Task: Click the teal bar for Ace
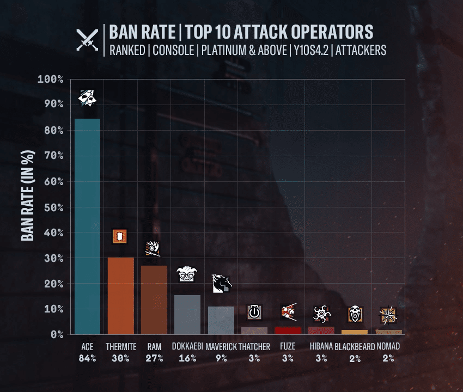click(87, 226)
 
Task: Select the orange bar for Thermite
click(121, 296)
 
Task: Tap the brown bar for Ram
click(154, 300)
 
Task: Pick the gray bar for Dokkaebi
click(187, 315)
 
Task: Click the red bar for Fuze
click(288, 330)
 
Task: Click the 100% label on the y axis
click(50, 79)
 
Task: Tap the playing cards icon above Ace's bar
click(87, 98)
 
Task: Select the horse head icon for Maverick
click(222, 284)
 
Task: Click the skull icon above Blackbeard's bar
click(355, 314)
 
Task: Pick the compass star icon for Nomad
click(388, 315)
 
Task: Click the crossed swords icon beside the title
click(87, 40)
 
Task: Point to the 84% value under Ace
click(87, 358)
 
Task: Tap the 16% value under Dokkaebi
click(187, 358)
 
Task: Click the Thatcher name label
click(254, 347)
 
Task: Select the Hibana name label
click(321, 346)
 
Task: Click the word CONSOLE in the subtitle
click(173, 50)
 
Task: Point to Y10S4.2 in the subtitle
click(311, 50)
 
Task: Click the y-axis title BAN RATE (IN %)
click(28, 195)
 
